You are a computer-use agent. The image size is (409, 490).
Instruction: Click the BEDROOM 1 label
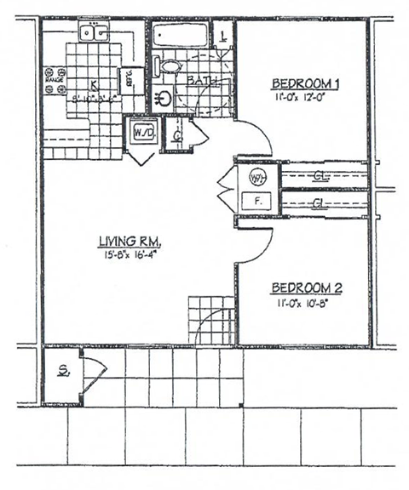pos(306,83)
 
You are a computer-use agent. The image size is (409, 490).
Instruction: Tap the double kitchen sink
pos(94,33)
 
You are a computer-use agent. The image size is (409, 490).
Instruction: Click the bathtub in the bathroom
pos(180,36)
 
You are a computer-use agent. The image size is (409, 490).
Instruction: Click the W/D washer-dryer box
pos(141,133)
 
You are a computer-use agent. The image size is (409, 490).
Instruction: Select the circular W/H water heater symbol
pos(256,177)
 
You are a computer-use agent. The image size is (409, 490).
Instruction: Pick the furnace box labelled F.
pos(256,202)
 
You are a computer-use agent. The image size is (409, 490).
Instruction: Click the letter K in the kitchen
pos(93,83)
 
